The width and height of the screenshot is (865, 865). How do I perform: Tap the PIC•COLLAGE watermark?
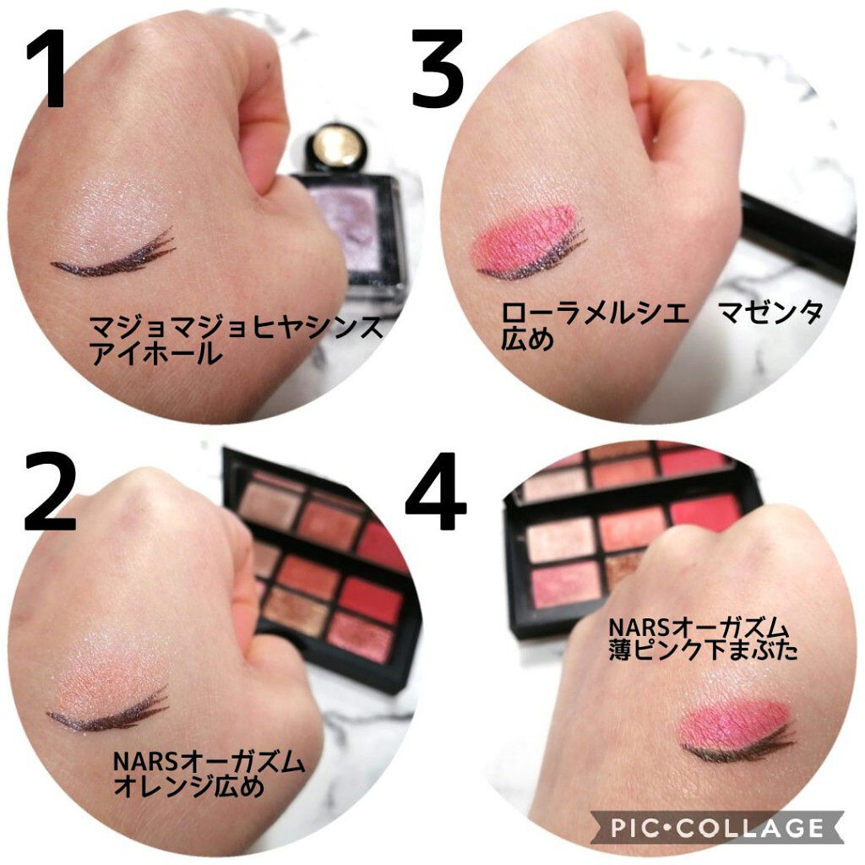716,826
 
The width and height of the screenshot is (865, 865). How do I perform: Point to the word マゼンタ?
770,313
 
